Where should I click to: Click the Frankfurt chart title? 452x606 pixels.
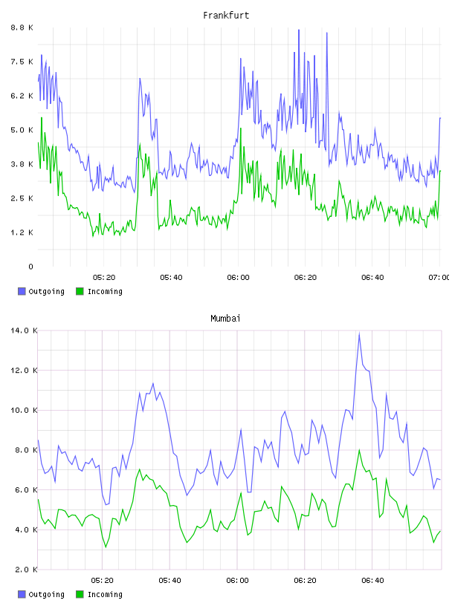pos(226,16)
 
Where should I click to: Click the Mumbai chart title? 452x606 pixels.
pos(225,319)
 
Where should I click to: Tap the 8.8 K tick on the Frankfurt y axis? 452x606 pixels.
pos(22,27)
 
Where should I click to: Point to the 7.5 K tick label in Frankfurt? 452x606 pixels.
pos(22,62)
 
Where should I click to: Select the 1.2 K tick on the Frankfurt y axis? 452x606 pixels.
pos(22,232)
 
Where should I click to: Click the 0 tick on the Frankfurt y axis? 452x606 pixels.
pos(30,267)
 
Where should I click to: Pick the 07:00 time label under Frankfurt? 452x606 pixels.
pos(439,278)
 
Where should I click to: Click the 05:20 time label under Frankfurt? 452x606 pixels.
pos(104,278)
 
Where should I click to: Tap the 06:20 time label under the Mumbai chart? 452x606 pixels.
pos(305,581)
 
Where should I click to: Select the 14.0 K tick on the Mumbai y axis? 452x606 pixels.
pos(24,330)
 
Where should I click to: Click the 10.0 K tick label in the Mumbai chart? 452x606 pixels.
pos(24,410)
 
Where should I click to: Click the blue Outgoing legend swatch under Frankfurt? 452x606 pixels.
pos(22,291)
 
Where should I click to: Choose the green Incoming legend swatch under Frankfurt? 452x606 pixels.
pos(80,291)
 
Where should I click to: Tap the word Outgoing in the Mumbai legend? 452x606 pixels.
pos(46,594)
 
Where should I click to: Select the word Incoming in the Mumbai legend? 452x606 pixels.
pos(105,594)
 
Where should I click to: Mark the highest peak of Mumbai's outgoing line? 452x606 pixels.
pos(359,333)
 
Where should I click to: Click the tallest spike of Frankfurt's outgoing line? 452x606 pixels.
pos(299,30)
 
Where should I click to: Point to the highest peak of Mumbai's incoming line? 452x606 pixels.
pos(359,450)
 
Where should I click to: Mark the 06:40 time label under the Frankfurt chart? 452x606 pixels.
pos(372,278)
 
